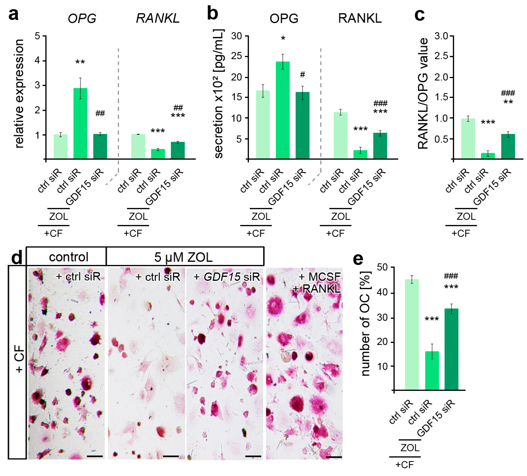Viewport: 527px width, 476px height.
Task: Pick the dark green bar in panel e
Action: point(451,349)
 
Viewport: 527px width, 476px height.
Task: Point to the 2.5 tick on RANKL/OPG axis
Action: point(442,56)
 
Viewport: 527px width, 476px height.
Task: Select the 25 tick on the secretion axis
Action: point(237,56)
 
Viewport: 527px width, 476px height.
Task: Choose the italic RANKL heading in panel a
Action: point(158,19)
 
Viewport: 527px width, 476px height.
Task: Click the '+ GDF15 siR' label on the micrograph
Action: point(226,277)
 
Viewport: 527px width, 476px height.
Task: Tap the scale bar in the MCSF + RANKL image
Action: point(334,457)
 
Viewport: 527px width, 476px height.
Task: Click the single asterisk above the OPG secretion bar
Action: point(283,39)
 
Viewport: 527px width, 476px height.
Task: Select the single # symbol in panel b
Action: point(302,75)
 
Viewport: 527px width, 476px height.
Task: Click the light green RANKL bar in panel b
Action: point(340,135)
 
